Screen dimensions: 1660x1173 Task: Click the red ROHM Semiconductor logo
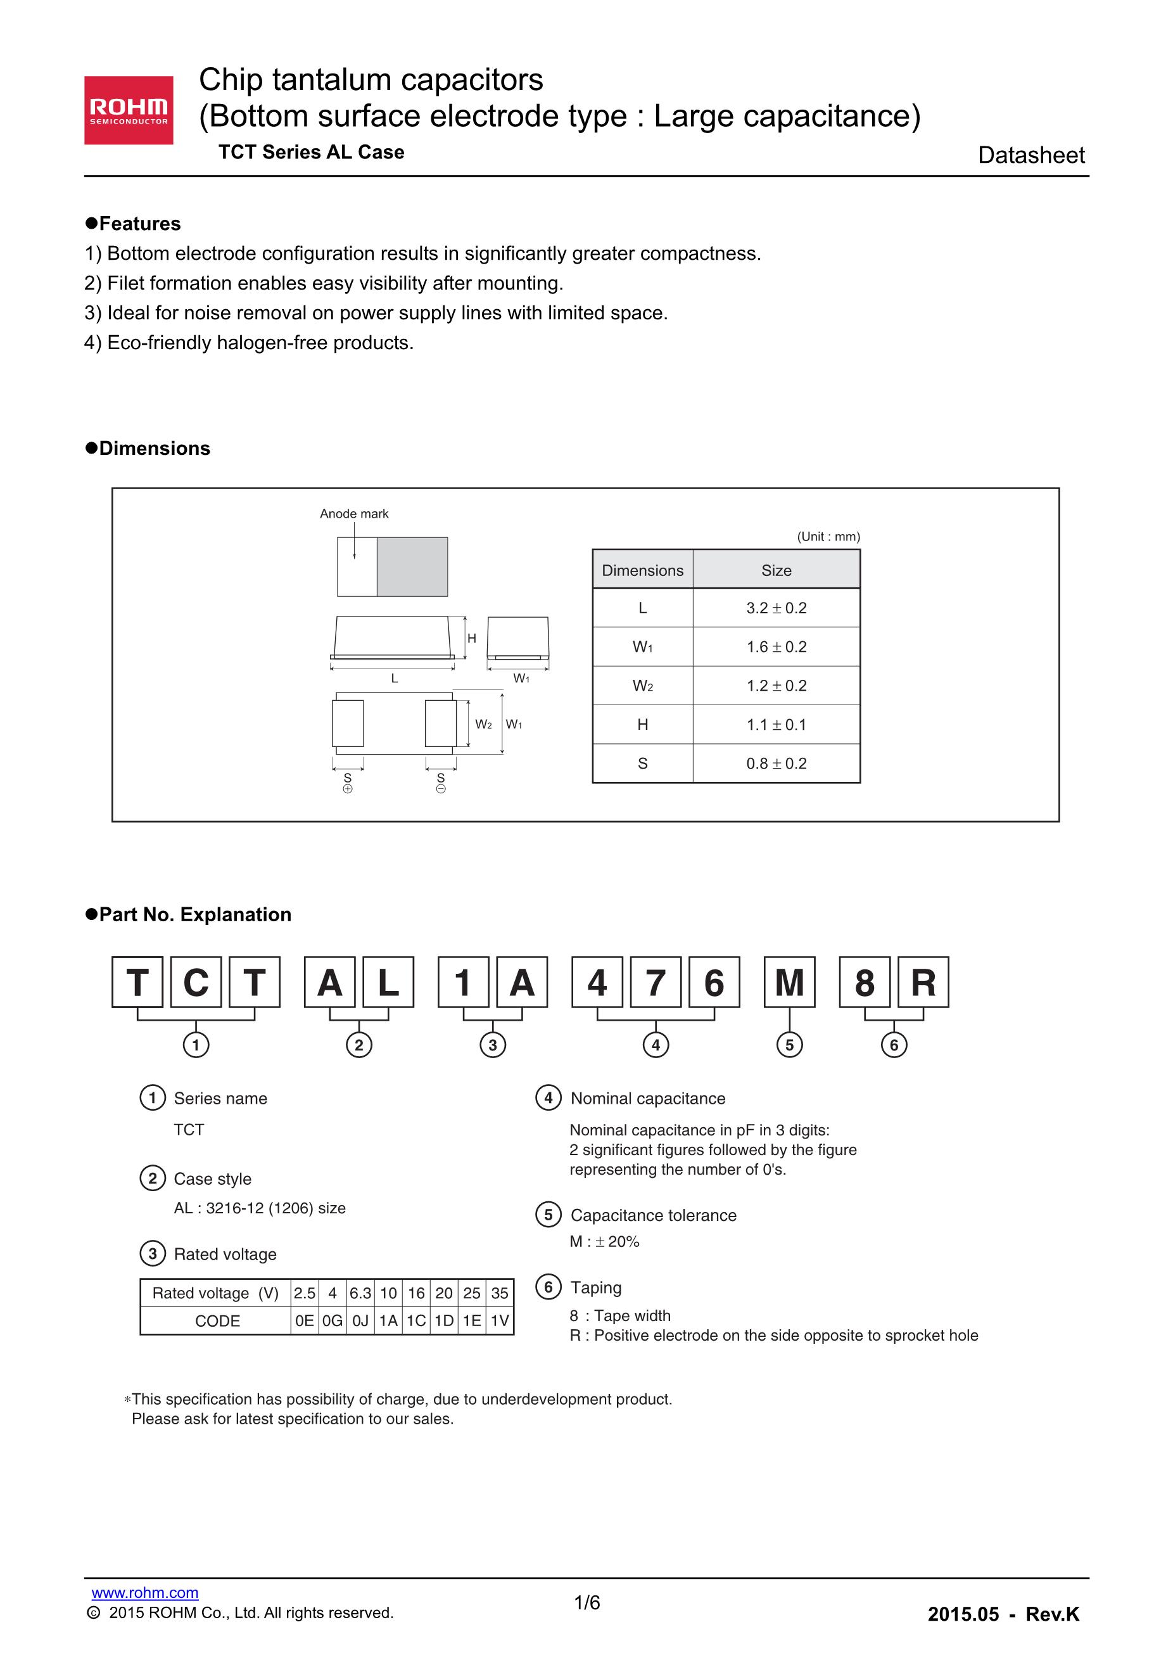129,110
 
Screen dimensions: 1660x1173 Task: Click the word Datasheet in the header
1030,155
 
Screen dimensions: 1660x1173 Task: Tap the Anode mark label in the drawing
354,513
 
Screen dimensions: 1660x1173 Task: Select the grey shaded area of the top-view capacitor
412,567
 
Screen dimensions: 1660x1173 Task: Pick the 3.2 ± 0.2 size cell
777,608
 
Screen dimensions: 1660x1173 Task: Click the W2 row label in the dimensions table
642,686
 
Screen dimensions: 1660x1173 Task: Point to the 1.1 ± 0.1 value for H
777,724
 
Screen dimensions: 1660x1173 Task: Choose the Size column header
777,570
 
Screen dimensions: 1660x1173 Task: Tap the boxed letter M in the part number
789,983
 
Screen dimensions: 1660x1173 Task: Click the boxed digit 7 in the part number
656,983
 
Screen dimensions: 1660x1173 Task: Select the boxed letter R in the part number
923,983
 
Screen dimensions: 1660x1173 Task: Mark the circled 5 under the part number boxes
789,1045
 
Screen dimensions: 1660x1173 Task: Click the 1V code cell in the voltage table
499,1321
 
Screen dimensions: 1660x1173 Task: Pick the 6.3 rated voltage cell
360,1293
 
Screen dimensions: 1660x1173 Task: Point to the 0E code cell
304,1321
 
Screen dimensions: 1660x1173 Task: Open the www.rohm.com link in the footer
144,1592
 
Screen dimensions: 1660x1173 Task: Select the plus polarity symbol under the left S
348,789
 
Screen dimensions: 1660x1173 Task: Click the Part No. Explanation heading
194,915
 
